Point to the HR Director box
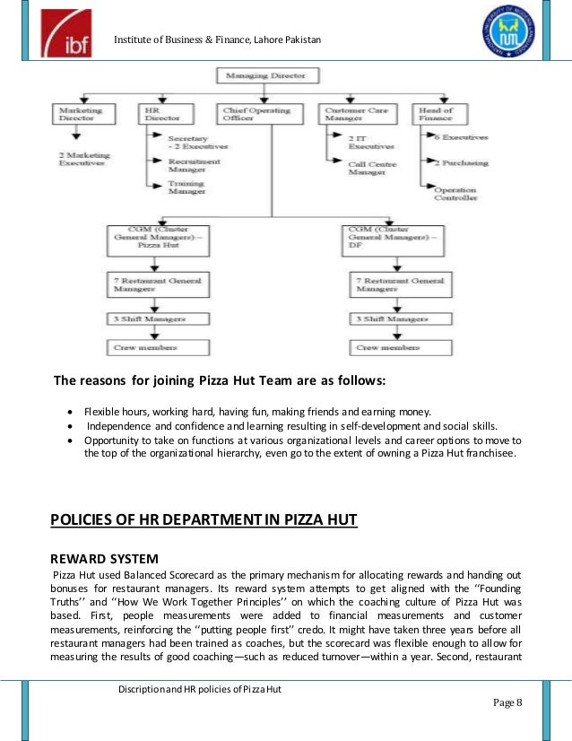click(160, 115)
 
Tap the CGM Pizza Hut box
click(158, 240)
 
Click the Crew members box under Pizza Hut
click(158, 346)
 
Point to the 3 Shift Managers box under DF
click(396, 318)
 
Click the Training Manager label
click(186, 187)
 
